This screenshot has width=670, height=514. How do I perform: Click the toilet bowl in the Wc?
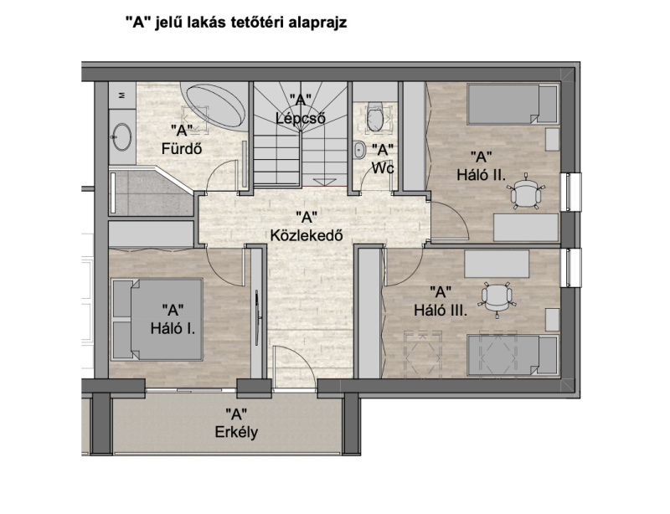click(374, 116)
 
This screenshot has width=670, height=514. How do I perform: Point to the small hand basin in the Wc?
click(359, 150)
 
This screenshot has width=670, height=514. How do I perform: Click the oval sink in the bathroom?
click(122, 137)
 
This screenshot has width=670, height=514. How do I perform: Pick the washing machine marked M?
click(122, 95)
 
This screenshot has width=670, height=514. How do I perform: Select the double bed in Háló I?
click(157, 319)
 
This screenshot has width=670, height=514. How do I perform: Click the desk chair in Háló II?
click(526, 193)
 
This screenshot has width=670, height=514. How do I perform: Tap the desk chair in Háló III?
click(497, 298)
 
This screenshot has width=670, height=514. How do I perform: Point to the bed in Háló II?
click(513, 105)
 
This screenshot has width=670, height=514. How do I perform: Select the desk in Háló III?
click(497, 264)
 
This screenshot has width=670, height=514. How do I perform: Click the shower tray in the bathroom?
click(151, 192)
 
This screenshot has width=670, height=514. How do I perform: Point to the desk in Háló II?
click(526, 228)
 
